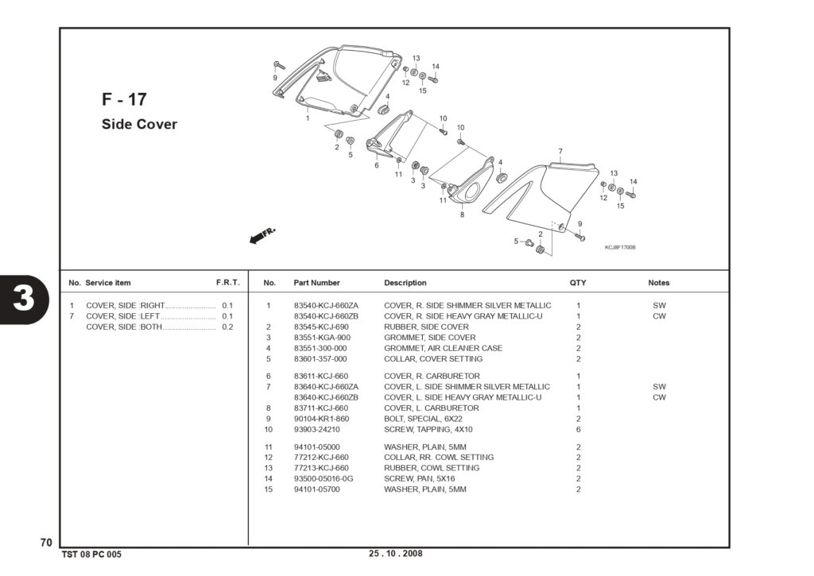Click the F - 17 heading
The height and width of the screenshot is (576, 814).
[124, 99]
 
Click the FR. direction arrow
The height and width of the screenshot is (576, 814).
[262, 236]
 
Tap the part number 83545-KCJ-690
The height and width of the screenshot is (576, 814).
[321, 327]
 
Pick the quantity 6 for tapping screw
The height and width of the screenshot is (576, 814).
[579, 430]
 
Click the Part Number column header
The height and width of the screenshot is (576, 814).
[316, 283]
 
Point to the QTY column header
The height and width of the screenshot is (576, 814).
[578, 283]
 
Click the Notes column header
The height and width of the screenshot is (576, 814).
[659, 283]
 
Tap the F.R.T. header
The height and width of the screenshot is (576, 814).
[228, 283]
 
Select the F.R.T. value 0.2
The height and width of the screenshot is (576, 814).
[227, 327]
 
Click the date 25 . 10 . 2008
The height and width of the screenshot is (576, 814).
[396, 553]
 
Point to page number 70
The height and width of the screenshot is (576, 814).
[46, 543]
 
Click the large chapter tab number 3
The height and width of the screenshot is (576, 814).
[24, 299]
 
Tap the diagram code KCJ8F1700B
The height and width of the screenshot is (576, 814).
[620, 248]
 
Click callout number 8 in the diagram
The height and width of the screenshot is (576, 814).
[462, 215]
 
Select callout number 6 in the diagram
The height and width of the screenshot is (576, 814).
[376, 165]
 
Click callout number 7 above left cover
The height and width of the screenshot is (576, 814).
[560, 152]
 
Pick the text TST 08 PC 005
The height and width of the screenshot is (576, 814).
[91, 555]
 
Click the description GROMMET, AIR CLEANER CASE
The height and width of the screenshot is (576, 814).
[444, 348]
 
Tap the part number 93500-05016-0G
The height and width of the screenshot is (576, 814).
[324, 478]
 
